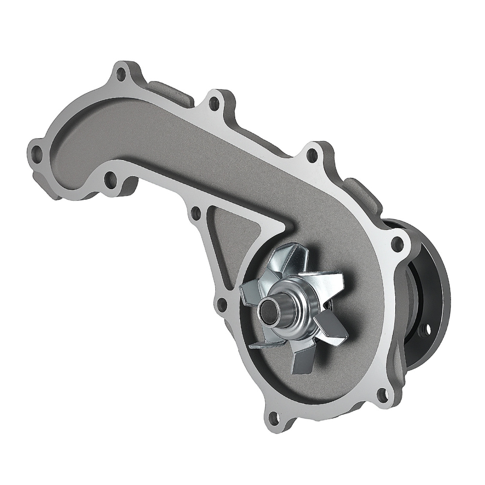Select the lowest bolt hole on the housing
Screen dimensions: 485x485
tap(275, 416)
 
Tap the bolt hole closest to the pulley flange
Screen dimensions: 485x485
tap(399, 243)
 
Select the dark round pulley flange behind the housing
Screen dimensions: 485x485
tap(432, 291)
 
